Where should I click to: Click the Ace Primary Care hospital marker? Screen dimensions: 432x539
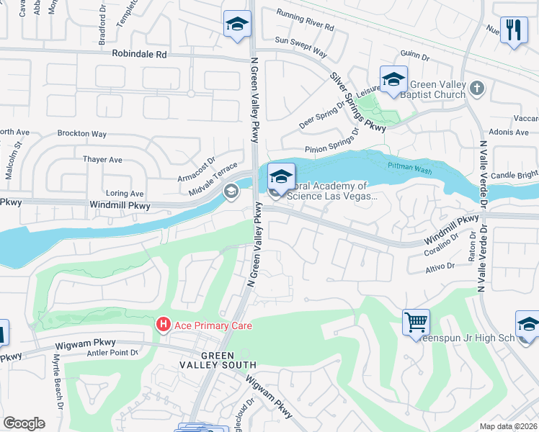click(x=164, y=325)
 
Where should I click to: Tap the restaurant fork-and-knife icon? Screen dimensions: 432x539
click(x=513, y=30)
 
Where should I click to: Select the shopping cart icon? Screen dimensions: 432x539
click(x=416, y=322)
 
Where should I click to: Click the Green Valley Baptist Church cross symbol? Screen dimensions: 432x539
click(x=476, y=89)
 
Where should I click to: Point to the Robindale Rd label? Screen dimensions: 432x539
click(x=139, y=54)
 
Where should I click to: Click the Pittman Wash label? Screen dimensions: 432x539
click(x=404, y=165)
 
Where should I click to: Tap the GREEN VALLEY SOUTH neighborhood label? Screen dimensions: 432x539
click(x=227, y=361)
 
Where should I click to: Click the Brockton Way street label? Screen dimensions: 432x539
click(x=82, y=134)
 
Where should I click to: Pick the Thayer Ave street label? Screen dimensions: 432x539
click(x=103, y=159)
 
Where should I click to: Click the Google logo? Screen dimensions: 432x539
click(x=24, y=423)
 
